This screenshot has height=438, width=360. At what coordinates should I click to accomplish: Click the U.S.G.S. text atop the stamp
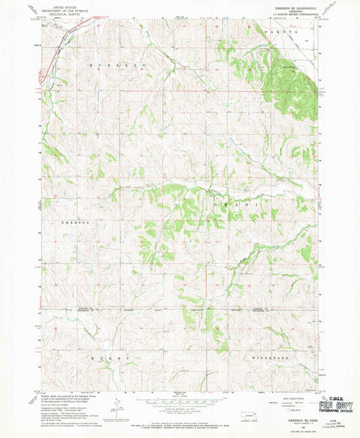point(336,399)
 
